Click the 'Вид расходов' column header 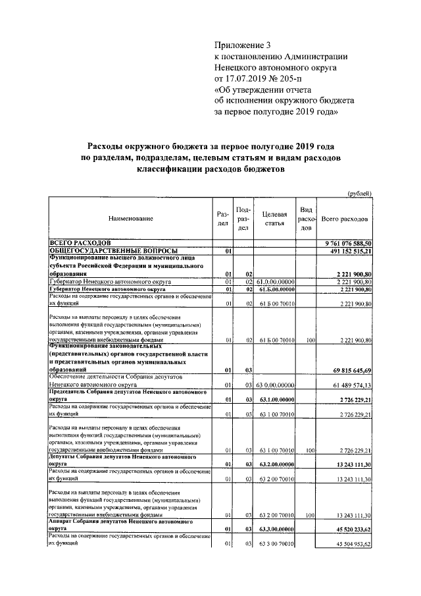(306, 218)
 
